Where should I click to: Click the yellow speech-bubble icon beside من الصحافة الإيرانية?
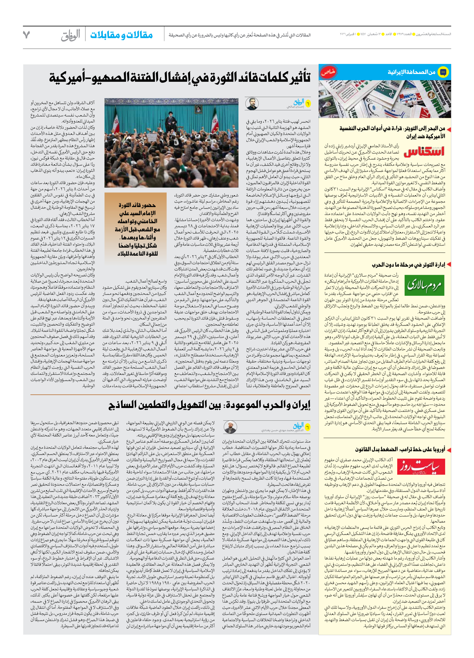443,72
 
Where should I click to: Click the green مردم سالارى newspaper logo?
424,286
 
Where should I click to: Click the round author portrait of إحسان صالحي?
252,104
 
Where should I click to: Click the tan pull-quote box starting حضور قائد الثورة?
135,225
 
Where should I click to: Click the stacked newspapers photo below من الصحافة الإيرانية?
385,99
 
